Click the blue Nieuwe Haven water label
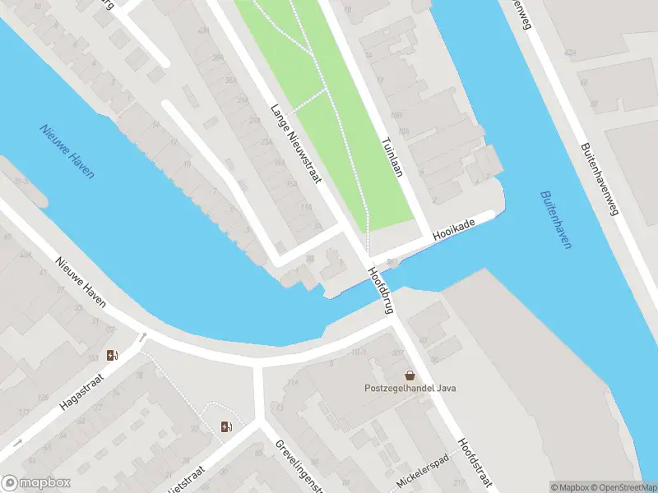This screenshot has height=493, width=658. (67, 151)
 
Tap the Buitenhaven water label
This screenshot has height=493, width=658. (556, 220)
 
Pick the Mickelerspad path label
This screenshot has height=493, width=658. (424, 470)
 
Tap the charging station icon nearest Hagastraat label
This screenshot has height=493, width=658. (113, 356)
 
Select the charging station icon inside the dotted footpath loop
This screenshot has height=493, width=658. (225, 426)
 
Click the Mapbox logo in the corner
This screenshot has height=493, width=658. (36, 483)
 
